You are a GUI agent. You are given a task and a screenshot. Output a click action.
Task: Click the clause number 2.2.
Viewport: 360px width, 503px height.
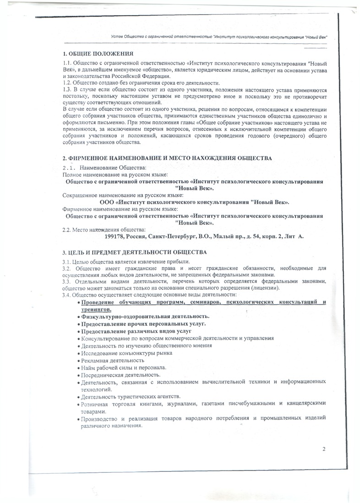(67, 229)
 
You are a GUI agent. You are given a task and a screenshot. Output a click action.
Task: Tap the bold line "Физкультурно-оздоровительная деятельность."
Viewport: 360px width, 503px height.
(145, 316)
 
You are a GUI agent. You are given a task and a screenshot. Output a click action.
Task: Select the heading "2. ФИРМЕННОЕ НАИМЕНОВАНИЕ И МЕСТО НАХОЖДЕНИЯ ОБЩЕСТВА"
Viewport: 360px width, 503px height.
(167, 158)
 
